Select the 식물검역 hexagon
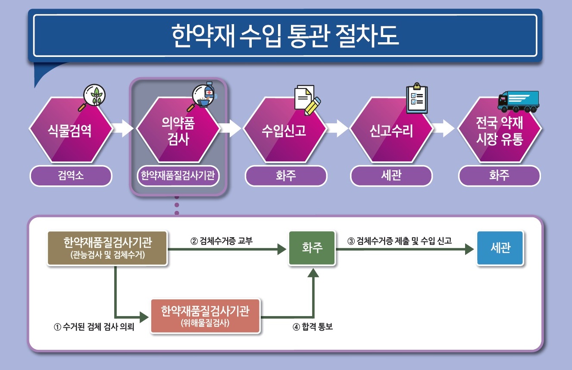click(71, 129)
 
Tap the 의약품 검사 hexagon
click(178, 129)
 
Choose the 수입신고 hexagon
click(285, 129)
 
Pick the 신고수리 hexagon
click(391, 129)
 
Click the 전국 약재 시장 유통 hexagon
click(500, 129)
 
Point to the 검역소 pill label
click(71, 176)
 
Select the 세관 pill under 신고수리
click(391, 176)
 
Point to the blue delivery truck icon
click(519, 101)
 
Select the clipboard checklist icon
click(417, 98)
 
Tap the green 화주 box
click(312, 248)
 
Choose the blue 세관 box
click(500, 248)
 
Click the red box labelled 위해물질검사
click(205, 316)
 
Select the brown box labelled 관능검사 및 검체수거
click(107, 248)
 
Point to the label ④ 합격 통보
click(313, 326)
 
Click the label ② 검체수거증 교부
click(222, 241)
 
